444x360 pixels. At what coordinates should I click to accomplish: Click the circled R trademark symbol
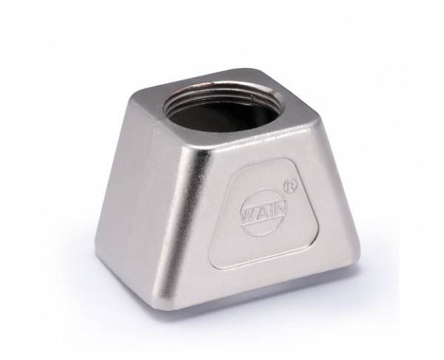pyautogui.click(x=289, y=188)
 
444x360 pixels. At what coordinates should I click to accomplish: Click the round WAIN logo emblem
pyautogui.click(x=263, y=213)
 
